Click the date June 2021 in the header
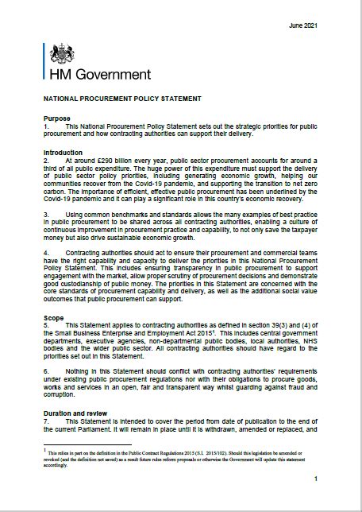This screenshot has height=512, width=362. [303, 26]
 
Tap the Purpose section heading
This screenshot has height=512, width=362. [56, 118]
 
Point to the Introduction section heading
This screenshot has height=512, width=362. [63, 153]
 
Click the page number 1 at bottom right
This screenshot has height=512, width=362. [316, 479]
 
